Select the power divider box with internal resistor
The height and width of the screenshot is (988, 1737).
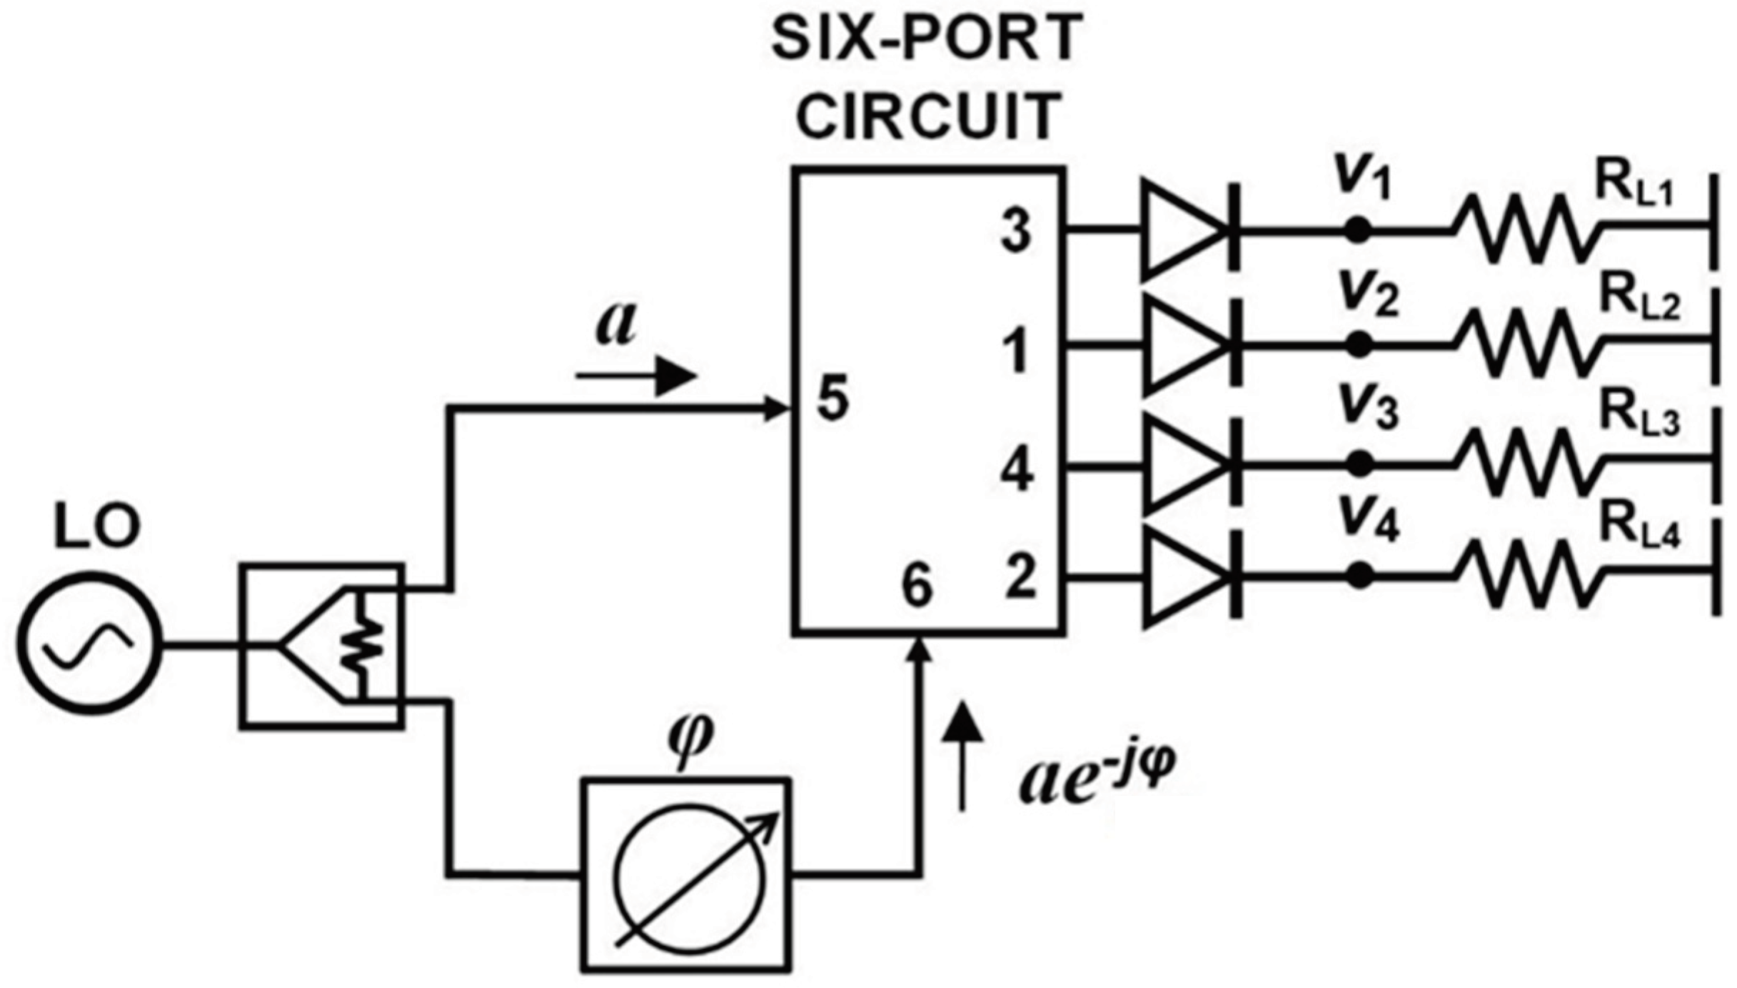pyautogui.click(x=322, y=646)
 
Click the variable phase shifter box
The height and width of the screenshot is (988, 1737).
pyautogui.click(x=686, y=875)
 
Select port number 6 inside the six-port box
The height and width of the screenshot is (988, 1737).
pyautogui.click(x=917, y=586)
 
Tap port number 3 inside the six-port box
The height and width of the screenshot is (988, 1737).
pyautogui.click(x=1016, y=230)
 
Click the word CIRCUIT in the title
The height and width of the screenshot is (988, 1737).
pyautogui.click(x=927, y=116)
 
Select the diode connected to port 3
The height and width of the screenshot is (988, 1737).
pyautogui.click(x=1189, y=230)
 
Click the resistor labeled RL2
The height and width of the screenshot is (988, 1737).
pyautogui.click(x=1524, y=346)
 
